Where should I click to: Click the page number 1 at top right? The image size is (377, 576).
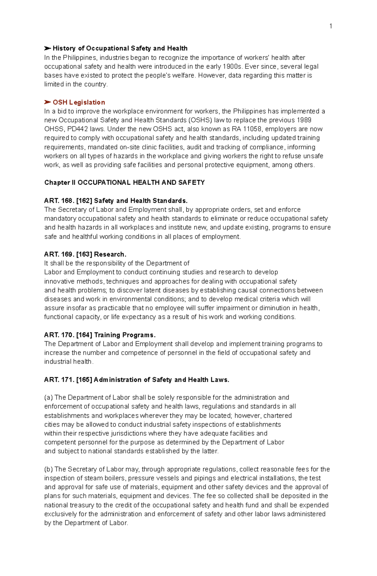point(331,26)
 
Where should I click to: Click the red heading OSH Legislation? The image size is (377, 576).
point(79,102)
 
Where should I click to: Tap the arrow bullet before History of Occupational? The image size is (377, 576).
point(47,48)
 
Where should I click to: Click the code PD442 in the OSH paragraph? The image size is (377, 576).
point(78,129)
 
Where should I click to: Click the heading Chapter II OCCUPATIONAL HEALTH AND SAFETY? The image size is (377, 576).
point(124,182)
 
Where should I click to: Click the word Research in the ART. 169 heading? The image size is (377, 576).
point(110,254)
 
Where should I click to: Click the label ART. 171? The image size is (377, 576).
point(59,380)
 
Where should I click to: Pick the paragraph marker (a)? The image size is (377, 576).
point(48,398)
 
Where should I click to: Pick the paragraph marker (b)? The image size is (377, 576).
point(48,469)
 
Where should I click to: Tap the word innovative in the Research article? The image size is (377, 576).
point(59,281)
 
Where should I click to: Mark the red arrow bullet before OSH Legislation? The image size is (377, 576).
point(47,102)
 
